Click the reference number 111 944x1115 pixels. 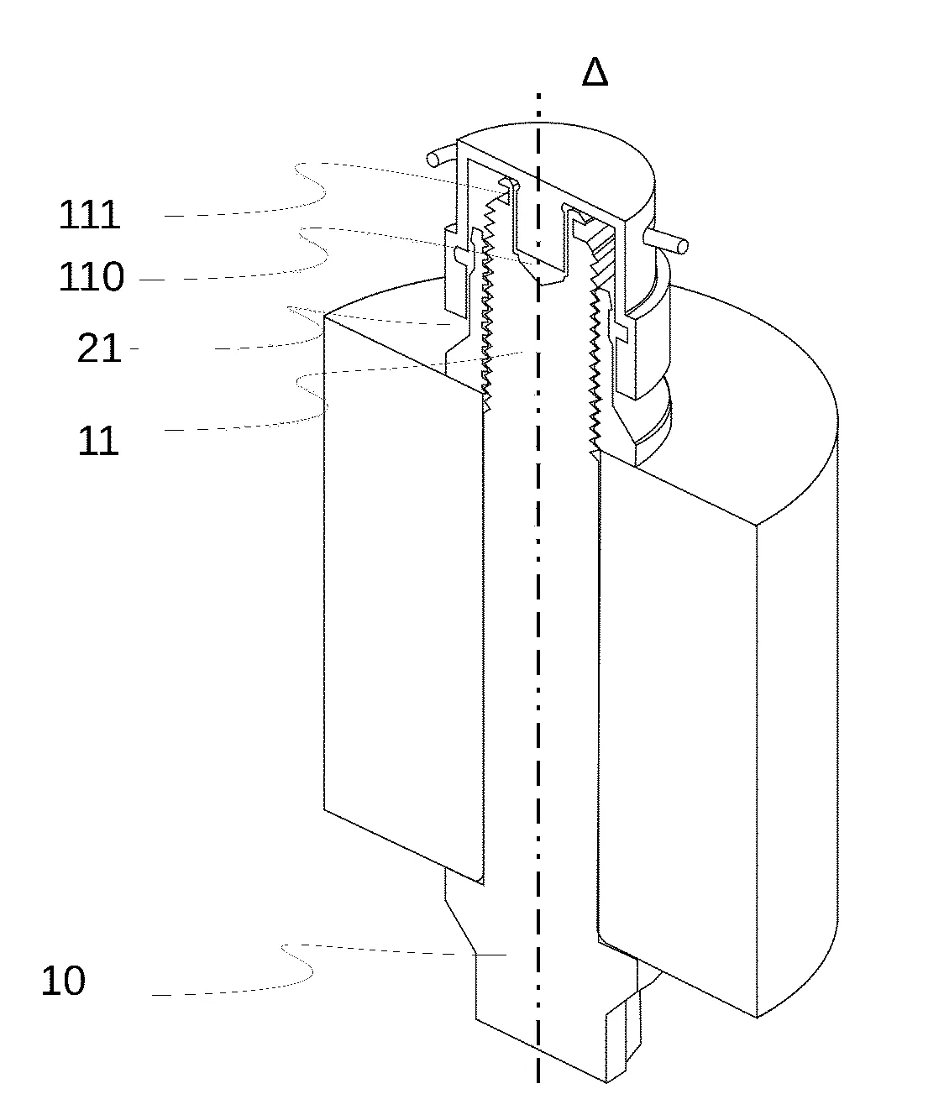click(89, 215)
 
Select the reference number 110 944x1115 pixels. click(92, 277)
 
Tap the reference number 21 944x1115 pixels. click(99, 348)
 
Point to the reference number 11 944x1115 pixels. click(98, 441)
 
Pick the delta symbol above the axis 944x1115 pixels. click(595, 71)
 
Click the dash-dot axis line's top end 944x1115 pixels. click(538, 95)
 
